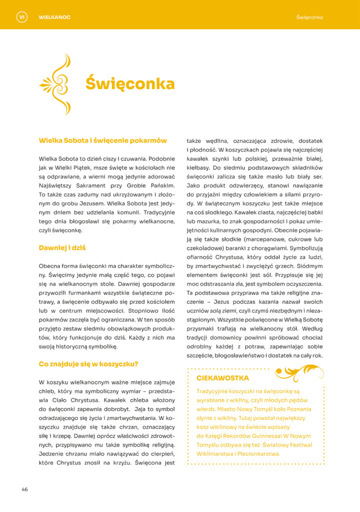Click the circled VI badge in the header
pyautogui.click(x=21, y=17)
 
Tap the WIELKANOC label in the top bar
pyautogui.click(x=54, y=17)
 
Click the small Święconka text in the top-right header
pyautogui.click(x=309, y=17)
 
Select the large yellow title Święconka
pyautogui.click(x=129, y=83)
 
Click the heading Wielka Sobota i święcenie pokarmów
pyautogui.click(x=103, y=140)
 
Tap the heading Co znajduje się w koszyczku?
pyautogui.click(x=88, y=364)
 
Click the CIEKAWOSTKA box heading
pyautogui.click(x=222, y=378)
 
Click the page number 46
pyautogui.click(x=24, y=489)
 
